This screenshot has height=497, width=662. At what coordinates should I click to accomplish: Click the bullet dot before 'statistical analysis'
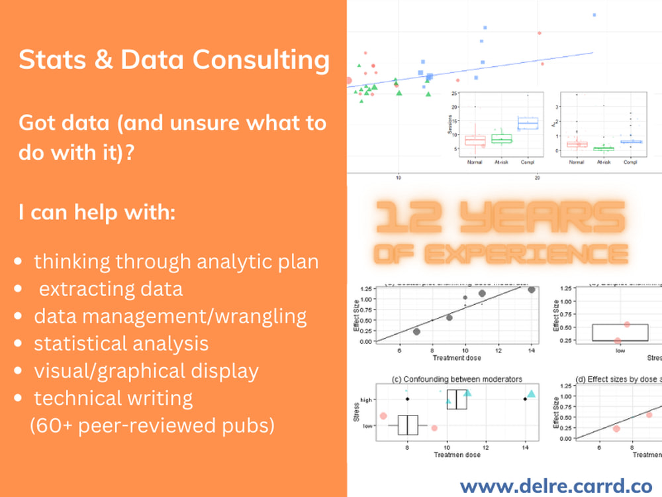(21, 344)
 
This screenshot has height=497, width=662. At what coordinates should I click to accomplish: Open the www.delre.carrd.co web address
(555, 486)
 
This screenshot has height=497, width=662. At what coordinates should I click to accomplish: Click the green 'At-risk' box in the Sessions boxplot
(501, 138)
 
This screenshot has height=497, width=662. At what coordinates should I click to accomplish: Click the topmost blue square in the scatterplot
(594, 15)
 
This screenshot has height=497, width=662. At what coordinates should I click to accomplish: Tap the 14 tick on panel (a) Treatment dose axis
(532, 350)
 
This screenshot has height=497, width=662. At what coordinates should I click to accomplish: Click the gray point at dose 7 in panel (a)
(416, 331)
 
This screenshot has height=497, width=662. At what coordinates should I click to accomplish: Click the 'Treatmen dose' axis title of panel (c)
(457, 455)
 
